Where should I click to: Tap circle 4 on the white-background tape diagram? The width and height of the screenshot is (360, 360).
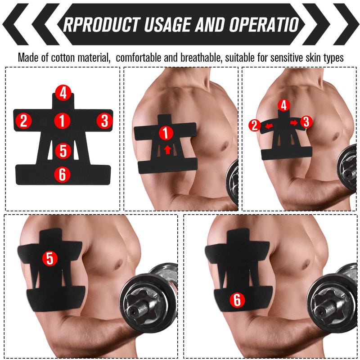pyautogui.click(x=63, y=93)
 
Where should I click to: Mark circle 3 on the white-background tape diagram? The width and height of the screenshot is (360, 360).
pyautogui.click(x=104, y=120)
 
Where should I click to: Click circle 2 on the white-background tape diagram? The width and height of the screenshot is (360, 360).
pyautogui.click(x=23, y=120)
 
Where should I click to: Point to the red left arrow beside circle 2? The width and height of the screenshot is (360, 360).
pyautogui.click(x=268, y=126)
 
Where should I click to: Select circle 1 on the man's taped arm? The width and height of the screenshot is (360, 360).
pyautogui.click(x=166, y=133)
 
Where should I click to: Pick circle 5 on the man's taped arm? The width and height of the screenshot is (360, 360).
pyautogui.click(x=50, y=258)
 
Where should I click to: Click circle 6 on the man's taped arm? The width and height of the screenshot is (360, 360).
pyautogui.click(x=237, y=300)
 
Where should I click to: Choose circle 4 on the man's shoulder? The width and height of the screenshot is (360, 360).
pyautogui.click(x=283, y=105)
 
